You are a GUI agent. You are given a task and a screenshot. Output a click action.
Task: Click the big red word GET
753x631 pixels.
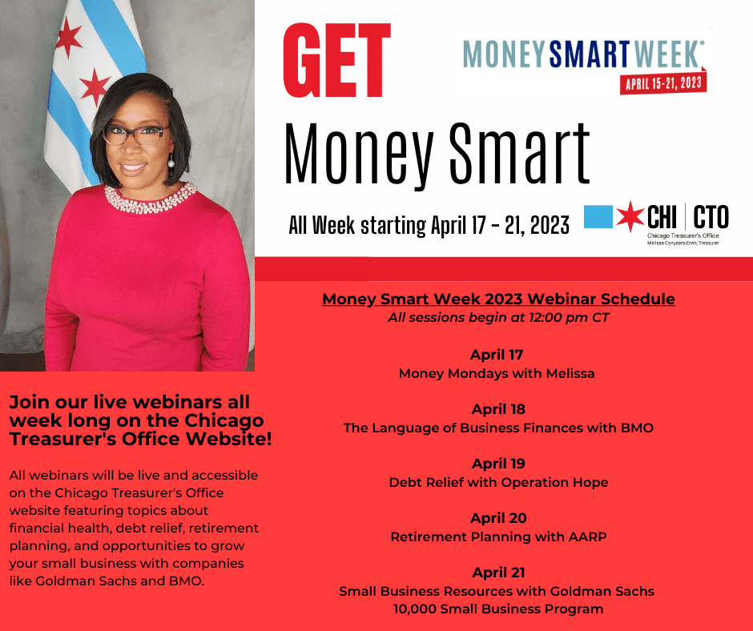[x=337, y=60]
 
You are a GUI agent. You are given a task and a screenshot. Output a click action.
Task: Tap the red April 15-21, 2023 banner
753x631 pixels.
[x=663, y=83]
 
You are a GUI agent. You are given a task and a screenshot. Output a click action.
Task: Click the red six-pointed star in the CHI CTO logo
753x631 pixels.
[x=630, y=216]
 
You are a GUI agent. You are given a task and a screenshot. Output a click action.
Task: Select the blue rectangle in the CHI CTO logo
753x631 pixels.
[x=598, y=216]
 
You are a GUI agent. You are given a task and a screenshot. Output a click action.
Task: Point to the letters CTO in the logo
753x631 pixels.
[x=711, y=216]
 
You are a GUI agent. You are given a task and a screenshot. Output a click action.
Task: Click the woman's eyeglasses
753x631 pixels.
[x=135, y=135]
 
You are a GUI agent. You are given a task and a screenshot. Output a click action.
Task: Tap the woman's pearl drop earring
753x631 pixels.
[x=171, y=161]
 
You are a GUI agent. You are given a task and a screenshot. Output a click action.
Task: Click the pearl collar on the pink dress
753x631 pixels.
[x=151, y=199]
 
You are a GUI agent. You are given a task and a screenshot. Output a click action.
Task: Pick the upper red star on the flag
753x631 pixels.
[x=68, y=38]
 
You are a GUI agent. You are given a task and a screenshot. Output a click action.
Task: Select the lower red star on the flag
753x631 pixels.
[x=94, y=87]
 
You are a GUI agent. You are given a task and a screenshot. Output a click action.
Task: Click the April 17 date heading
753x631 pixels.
[x=497, y=355]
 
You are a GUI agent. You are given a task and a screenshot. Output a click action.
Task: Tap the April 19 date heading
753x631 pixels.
[x=498, y=464]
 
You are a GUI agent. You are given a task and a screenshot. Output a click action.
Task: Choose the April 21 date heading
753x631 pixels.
[x=498, y=573]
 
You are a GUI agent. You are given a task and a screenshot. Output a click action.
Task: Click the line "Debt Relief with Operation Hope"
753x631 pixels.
[x=498, y=482]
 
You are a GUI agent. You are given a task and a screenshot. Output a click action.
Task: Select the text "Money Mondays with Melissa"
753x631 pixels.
[x=497, y=374]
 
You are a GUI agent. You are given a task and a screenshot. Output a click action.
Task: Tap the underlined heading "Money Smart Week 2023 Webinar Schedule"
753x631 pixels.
[x=498, y=299]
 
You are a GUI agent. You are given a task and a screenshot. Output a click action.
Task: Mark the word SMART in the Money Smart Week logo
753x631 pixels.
[x=590, y=54]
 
